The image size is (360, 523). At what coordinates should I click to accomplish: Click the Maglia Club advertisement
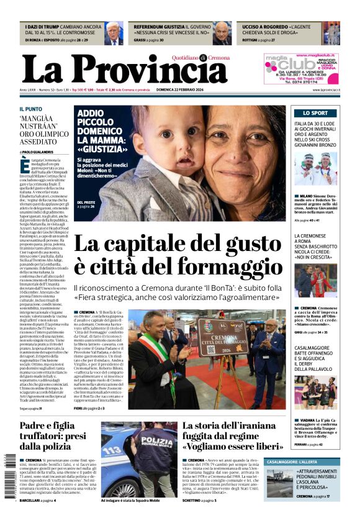301,68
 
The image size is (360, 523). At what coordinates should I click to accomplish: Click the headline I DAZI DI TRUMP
46,27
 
